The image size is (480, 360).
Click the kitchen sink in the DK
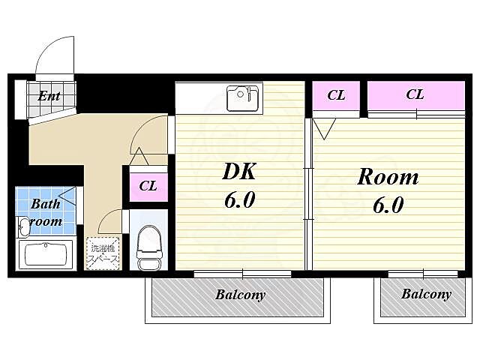click(x=243, y=98)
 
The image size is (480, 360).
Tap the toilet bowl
click(x=148, y=248)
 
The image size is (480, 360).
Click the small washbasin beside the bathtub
click(x=23, y=226)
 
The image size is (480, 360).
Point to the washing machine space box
click(x=103, y=253)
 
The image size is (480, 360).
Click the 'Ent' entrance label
click(x=49, y=97)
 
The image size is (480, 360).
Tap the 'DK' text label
click(x=239, y=172)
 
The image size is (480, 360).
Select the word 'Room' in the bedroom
click(x=388, y=177)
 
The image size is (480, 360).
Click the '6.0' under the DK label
click(x=240, y=200)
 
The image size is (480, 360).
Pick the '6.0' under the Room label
click(x=388, y=205)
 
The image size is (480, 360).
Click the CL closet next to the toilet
click(x=148, y=187)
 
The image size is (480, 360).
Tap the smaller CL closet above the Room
click(x=336, y=95)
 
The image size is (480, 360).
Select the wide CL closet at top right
click(x=416, y=95)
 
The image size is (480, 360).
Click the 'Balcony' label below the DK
click(x=240, y=295)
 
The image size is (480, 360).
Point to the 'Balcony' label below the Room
click(x=426, y=294)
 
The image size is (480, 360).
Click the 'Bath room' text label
click(x=46, y=212)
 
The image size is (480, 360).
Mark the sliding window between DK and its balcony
click(x=242, y=274)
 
